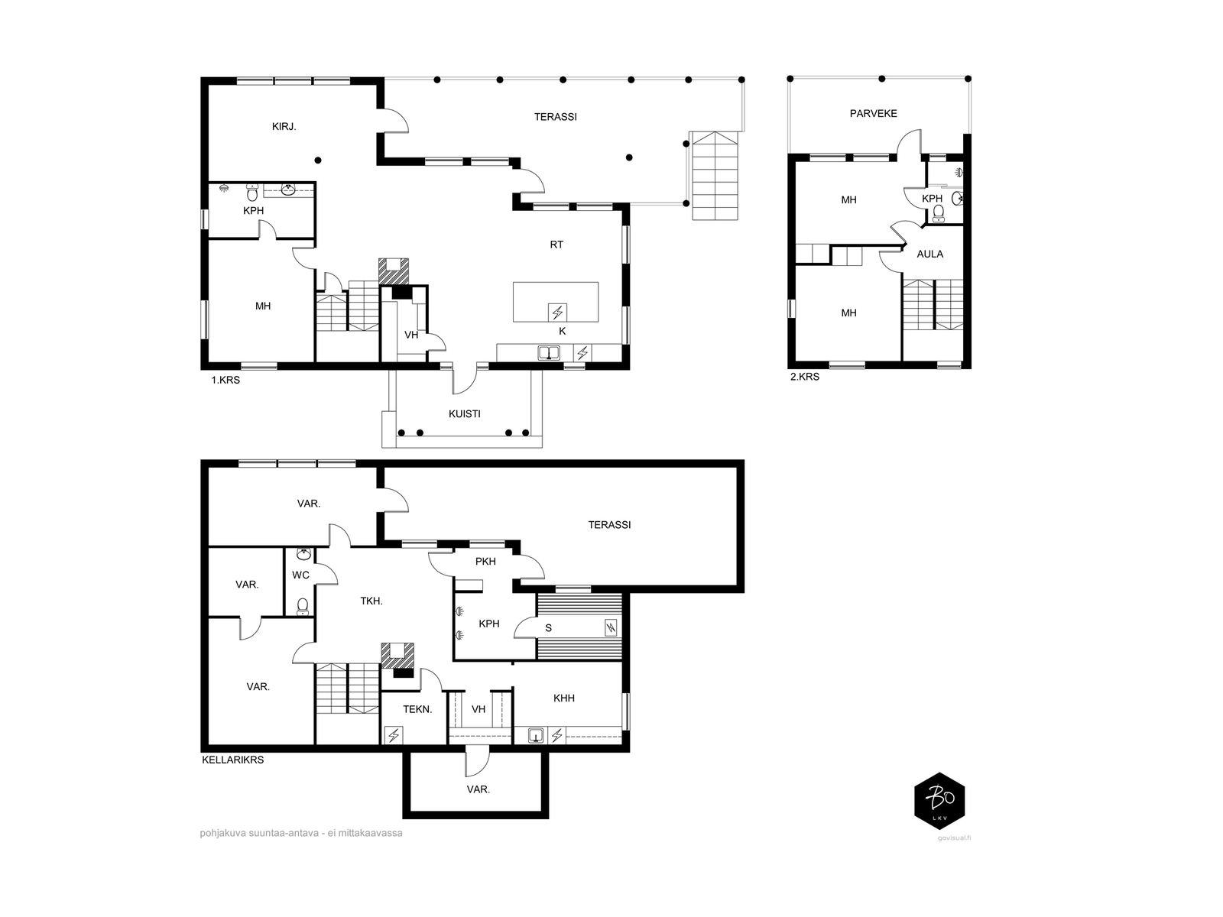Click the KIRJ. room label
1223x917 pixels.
point(284,126)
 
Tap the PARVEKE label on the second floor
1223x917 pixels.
point(873,114)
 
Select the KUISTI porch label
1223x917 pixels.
point(464,413)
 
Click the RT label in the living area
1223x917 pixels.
point(556,245)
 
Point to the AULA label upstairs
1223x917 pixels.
point(930,254)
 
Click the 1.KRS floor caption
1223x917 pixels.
point(225,381)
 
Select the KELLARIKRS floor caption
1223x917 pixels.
point(232,760)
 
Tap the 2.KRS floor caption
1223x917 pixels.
point(805,377)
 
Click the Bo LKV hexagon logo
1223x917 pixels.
point(939,801)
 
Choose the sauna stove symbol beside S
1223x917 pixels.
point(611,628)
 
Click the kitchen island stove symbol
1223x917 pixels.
point(557,313)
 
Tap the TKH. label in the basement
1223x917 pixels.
point(371,601)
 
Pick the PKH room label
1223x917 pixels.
point(485,561)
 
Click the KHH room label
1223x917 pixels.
point(563,698)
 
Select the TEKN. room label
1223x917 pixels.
point(417,709)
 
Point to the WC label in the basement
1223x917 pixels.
point(300,575)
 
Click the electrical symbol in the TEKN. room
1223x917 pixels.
point(394,735)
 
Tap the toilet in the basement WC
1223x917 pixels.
point(302,606)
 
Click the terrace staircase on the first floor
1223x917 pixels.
point(715,176)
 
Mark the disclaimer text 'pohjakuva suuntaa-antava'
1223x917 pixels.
point(259,834)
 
